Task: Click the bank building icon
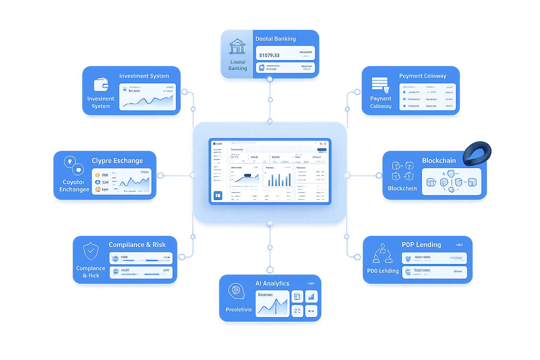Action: pyautogui.click(x=237, y=46)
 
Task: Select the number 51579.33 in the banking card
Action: pyautogui.click(x=269, y=55)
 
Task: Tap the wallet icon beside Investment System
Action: pyautogui.click(x=101, y=84)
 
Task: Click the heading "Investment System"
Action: pyautogui.click(x=144, y=76)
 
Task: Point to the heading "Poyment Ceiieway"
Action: pyautogui.click(x=423, y=76)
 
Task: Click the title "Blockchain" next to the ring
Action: pyautogui.click(x=439, y=161)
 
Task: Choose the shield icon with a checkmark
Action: pyautogui.click(x=91, y=251)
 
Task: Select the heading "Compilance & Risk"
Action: pyautogui.click(x=137, y=245)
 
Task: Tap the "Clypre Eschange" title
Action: pyautogui.click(x=117, y=161)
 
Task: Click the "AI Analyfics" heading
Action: pyautogui.click(x=272, y=283)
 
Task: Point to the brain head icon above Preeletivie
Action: pyautogui.click(x=236, y=291)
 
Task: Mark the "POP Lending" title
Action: pyautogui.click(x=421, y=245)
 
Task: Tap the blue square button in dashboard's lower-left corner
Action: pyautogui.click(x=218, y=195)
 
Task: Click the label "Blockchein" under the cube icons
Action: pyautogui.click(x=402, y=188)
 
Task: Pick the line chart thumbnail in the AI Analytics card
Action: pyautogui.click(x=272, y=304)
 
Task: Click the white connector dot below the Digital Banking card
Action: pyautogui.click(x=270, y=79)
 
